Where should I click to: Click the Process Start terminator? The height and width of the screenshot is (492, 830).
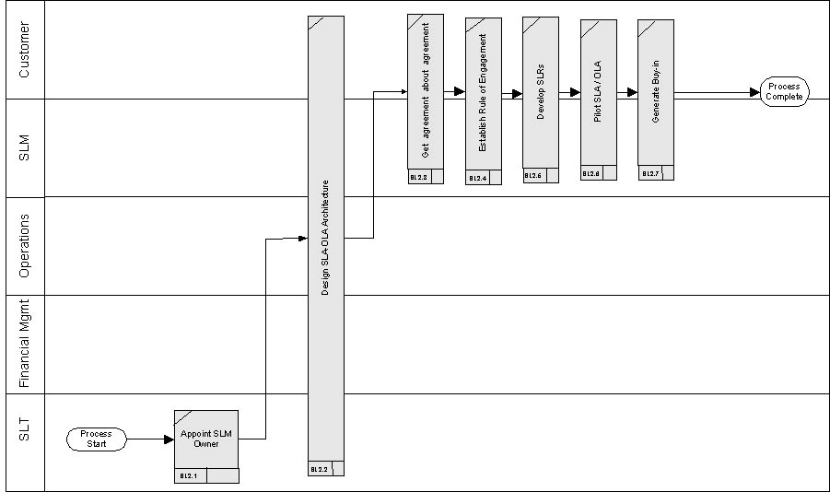click(x=96, y=439)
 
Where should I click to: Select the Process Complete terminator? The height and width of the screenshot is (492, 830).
click(x=784, y=92)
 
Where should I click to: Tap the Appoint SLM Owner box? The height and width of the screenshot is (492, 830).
click(x=206, y=439)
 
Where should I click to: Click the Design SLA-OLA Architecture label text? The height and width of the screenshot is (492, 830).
click(x=325, y=243)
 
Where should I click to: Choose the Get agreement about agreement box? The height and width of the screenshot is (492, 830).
click(x=426, y=92)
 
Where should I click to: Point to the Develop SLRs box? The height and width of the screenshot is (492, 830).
click(x=541, y=92)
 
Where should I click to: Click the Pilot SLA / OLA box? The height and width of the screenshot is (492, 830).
click(x=598, y=92)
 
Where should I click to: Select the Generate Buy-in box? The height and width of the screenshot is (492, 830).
click(x=655, y=92)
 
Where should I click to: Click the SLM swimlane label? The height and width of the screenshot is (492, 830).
click(x=25, y=147)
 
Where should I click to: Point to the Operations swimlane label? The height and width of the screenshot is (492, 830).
click(x=25, y=245)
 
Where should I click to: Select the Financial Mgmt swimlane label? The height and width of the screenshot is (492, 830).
click(x=25, y=344)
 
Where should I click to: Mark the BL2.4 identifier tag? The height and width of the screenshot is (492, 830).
click(x=478, y=178)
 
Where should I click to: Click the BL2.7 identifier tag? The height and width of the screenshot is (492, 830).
click(x=649, y=173)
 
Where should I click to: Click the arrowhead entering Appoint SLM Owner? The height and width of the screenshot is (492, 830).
click(x=169, y=439)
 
